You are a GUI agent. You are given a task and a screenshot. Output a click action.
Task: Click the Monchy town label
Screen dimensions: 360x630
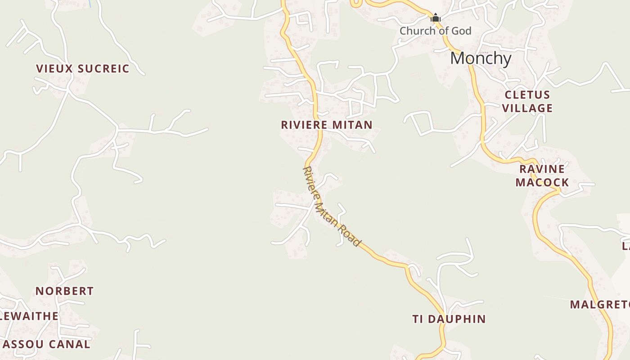[481, 58]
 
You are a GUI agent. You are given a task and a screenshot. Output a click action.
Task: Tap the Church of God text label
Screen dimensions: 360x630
[435, 31]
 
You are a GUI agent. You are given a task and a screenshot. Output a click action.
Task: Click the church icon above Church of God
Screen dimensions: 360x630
[435, 18]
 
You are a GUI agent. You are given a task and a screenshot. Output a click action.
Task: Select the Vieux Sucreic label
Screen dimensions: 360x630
[82, 69]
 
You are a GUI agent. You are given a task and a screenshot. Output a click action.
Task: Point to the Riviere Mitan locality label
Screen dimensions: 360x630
[327, 125]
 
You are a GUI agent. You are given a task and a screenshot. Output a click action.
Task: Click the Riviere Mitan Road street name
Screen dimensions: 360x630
[332, 207]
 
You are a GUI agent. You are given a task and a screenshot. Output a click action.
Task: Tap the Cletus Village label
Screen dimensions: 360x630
[527, 101]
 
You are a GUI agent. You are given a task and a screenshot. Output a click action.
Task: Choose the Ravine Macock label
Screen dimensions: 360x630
[542, 175]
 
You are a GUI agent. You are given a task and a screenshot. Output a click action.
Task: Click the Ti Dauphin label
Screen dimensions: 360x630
[449, 319]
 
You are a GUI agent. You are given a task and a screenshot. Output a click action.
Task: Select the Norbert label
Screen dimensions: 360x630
[64, 291]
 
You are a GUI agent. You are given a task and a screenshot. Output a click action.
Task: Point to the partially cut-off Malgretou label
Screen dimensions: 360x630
[599, 305]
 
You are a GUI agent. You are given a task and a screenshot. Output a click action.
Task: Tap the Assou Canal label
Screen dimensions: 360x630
[46, 345]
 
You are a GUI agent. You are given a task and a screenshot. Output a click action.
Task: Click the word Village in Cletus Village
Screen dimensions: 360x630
[527, 108]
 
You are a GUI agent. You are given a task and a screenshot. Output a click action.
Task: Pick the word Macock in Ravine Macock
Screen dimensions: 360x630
[542, 182]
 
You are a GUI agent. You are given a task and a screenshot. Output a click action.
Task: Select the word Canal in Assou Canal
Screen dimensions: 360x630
[70, 345]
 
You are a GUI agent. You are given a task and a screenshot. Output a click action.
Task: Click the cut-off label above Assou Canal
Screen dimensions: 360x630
[29, 316]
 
